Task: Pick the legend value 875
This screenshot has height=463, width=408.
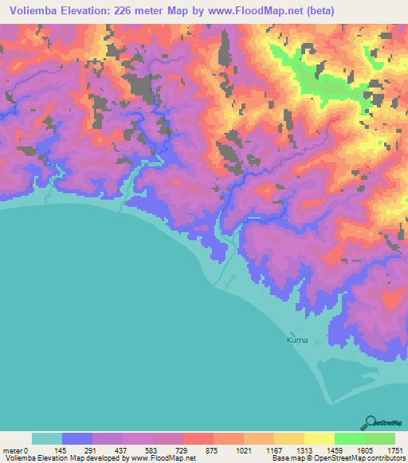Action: click(213, 449)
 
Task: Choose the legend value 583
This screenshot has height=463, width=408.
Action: click(152, 449)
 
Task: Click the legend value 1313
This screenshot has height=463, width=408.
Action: click(304, 449)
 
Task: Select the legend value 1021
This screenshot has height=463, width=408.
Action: click(243, 449)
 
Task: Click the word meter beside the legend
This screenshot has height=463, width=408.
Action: click(12, 449)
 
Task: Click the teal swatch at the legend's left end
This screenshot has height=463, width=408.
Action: click(46, 438)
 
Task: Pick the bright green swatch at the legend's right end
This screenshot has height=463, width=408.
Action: click(379, 438)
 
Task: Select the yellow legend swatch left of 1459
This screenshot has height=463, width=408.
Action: click(319, 438)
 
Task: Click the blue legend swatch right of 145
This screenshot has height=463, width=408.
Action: click(77, 438)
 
